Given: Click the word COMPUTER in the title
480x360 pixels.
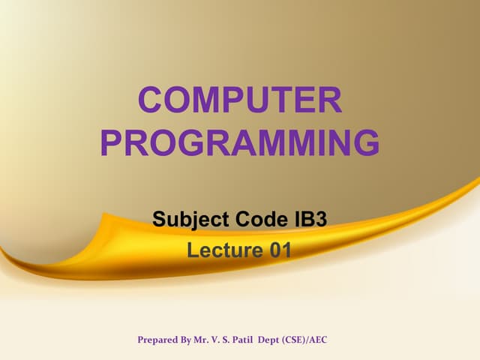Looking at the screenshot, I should tap(240, 101).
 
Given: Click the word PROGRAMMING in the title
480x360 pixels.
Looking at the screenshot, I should tap(240, 143).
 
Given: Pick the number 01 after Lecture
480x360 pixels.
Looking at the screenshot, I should tap(278, 250).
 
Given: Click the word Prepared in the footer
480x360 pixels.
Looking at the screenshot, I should tap(159, 340).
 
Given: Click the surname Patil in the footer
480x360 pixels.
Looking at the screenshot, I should tap(255, 340).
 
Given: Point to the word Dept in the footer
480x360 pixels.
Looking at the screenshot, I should tap(288, 340).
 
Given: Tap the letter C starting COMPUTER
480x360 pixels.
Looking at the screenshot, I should tap(153, 101).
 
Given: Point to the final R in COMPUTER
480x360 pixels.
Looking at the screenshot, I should tap(329, 101).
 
